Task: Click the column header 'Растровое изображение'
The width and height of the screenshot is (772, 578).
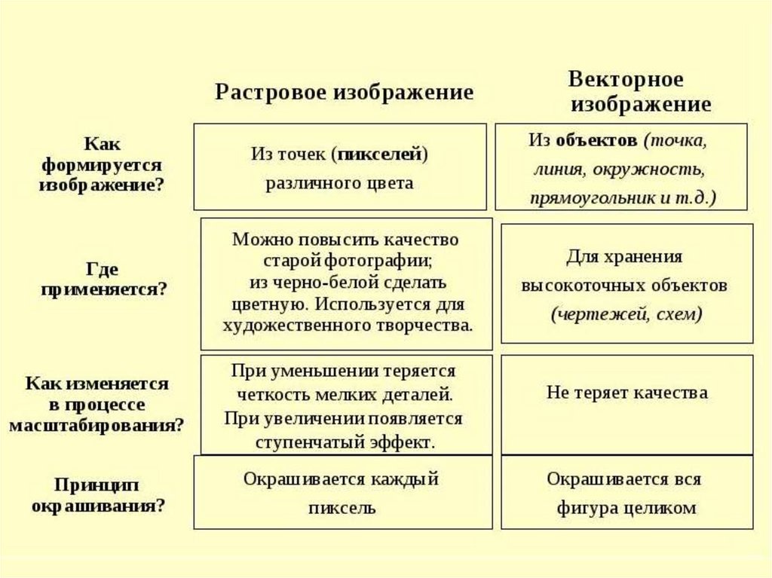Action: click(345, 93)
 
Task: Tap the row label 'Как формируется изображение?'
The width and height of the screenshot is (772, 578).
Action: click(102, 164)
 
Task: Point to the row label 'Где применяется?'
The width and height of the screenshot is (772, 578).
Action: click(102, 279)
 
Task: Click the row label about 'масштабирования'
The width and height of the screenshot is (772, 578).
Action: click(97, 404)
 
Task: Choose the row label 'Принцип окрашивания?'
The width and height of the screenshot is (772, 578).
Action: click(98, 494)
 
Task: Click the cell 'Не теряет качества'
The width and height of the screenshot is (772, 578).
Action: click(626, 393)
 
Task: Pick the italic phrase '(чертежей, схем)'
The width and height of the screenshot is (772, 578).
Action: click(626, 314)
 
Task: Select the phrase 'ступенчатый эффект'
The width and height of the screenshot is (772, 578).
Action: click(345, 442)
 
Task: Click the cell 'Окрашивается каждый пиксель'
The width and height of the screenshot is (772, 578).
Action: click(342, 493)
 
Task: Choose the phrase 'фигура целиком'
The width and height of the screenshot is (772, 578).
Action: click(626, 508)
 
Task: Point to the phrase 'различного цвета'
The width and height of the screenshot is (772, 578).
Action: click(339, 183)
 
